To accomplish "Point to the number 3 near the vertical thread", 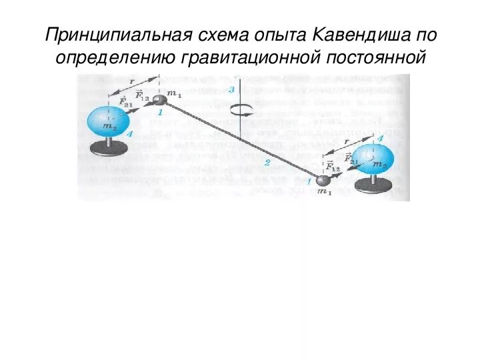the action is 231,89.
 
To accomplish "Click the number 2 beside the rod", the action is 267,162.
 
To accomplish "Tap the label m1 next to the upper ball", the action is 175,94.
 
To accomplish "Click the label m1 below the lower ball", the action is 324,193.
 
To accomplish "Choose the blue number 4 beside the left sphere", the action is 130,135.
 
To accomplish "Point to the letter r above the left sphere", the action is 131,81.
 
